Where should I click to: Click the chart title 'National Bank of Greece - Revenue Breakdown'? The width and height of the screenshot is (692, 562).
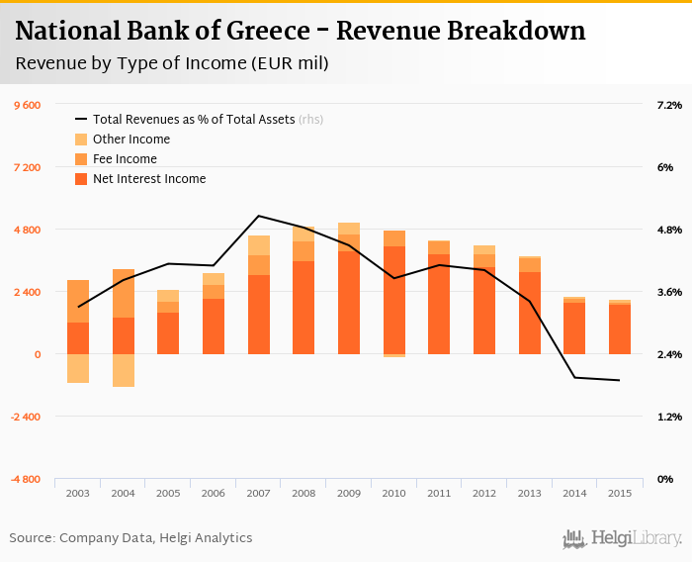301,31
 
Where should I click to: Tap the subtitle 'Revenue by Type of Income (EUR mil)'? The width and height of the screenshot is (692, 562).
173,64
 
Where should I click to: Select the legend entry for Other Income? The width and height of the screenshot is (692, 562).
130,140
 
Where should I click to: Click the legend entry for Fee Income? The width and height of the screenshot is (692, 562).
125,159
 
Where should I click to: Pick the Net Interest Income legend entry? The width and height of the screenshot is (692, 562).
148,179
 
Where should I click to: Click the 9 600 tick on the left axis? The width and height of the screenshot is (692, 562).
26,105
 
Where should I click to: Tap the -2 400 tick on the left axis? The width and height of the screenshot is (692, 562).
25,417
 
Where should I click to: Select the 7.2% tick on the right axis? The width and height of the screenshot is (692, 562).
669,105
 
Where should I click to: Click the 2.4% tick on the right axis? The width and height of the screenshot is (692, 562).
669,354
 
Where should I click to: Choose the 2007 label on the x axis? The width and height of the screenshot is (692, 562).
259,493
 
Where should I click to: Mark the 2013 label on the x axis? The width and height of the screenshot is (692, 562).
530,493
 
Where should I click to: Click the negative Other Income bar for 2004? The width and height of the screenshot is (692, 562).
124,370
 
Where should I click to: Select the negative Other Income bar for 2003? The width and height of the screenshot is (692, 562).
78,368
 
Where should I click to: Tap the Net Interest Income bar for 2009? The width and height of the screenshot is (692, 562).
349,303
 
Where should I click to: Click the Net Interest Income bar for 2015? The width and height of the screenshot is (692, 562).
620,329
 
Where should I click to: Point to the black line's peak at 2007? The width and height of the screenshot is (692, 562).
258,216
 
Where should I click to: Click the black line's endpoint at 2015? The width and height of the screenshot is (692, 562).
619,380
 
